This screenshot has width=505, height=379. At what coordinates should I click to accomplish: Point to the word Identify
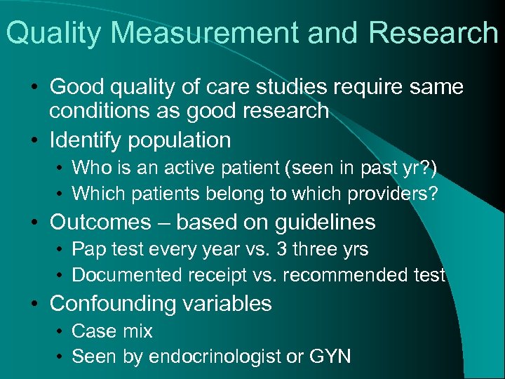[86, 140]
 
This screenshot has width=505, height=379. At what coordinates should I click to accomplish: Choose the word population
[179, 140]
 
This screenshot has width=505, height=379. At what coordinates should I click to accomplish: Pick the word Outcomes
[100, 222]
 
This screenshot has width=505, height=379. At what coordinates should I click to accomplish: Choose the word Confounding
[112, 303]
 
